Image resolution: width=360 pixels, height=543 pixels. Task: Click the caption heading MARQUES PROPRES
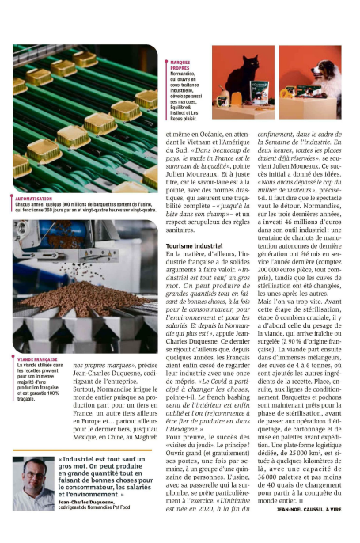click(181, 64)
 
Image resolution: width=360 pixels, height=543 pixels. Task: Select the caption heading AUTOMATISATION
click(33, 199)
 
